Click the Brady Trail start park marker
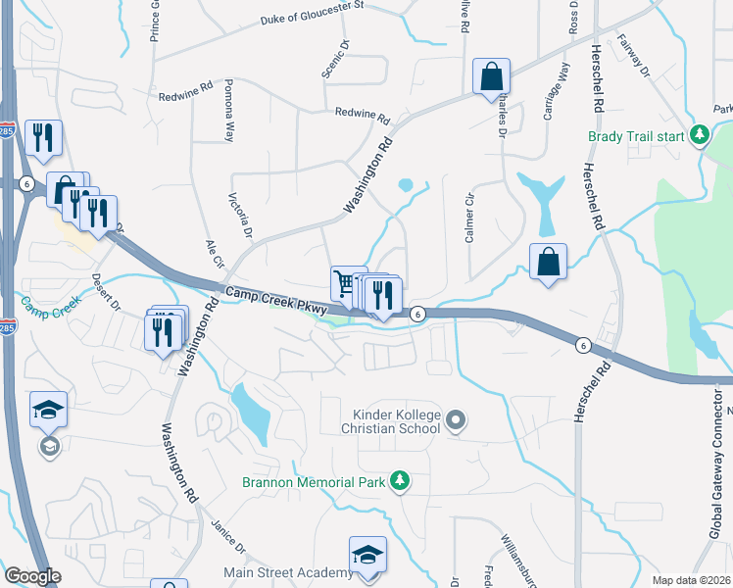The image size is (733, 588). pos(700,134)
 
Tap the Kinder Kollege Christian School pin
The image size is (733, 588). pos(455,421)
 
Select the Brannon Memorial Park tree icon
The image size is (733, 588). pos(399,480)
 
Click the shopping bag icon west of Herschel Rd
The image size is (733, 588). pos(549,262)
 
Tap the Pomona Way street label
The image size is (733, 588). pos(229,111)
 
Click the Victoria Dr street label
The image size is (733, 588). pos(241,215)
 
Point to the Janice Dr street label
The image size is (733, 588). pos(227,537)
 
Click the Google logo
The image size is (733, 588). pos(32,576)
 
